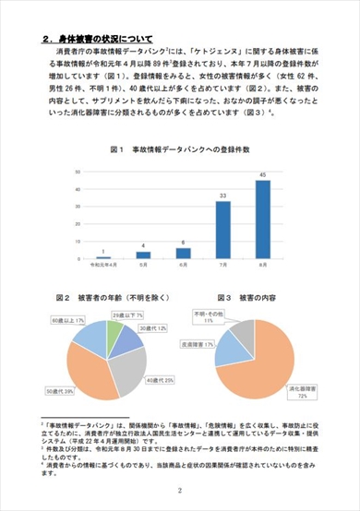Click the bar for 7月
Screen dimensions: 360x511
(222, 230)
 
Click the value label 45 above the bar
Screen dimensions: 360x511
(262, 174)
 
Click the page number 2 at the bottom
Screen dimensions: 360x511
(179, 492)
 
